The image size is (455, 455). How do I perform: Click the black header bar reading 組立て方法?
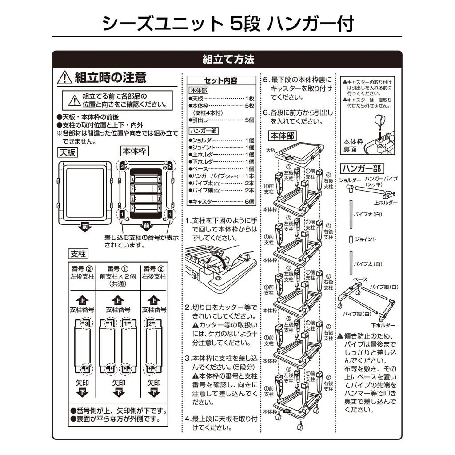click(x=227, y=59)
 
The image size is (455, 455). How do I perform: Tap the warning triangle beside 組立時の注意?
click(x=65, y=78)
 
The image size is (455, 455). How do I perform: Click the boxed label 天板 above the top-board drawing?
click(x=68, y=152)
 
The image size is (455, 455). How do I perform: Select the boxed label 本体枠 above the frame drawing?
click(x=134, y=151)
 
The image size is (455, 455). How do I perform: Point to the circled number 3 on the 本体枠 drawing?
click(x=123, y=166)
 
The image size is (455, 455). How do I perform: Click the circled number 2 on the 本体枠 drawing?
click(x=170, y=166)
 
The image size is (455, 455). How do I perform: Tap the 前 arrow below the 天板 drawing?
click(x=85, y=226)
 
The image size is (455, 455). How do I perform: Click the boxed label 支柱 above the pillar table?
click(x=78, y=254)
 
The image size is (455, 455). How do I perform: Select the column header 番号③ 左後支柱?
click(x=82, y=273)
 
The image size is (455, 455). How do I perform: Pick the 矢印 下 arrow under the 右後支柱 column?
click(x=154, y=392)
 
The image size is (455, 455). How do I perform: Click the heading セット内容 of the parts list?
click(x=221, y=80)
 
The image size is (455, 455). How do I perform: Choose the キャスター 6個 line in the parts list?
click(x=221, y=201)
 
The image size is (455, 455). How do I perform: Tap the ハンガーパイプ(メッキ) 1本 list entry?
click(x=221, y=176)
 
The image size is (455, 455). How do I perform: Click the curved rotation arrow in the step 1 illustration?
click(x=220, y=259)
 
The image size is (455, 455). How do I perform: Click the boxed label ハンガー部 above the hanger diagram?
click(x=362, y=168)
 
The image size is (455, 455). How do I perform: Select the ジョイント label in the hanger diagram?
click(x=365, y=239)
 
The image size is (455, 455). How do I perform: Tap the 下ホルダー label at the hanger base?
click(x=383, y=326)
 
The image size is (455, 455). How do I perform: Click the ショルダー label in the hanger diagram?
click(x=350, y=180)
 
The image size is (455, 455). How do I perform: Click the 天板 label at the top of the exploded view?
click(x=271, y=150)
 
